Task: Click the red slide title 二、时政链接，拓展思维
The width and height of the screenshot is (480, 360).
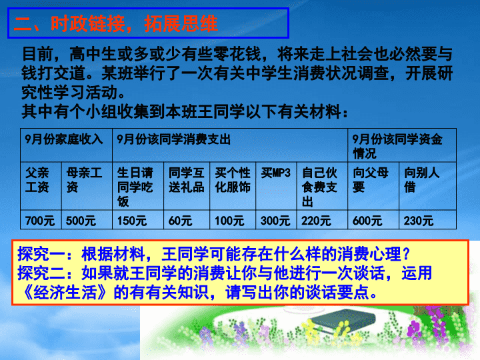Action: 116,23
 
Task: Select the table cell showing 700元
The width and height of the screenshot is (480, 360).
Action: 40,221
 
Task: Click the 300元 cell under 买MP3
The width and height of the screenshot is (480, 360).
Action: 275,221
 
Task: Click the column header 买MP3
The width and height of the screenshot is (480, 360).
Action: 275,173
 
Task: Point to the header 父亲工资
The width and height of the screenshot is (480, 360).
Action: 37,180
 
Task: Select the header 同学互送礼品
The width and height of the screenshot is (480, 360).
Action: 187,180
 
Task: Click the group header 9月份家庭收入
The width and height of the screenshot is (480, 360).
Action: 64,139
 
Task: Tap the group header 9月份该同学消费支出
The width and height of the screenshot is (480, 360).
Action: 173,139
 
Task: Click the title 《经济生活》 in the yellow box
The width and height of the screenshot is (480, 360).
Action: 65,292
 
